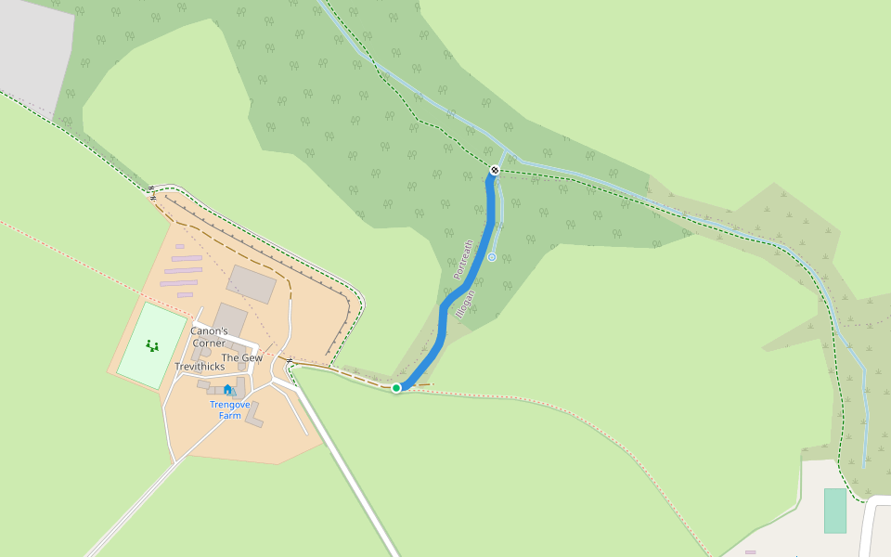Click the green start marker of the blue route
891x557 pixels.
pos(396,387)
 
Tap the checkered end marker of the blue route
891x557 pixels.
pos(496,169)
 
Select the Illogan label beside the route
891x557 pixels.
pos(466,304)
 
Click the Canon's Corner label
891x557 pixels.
pos(210,336)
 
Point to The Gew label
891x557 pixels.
pos(241,357)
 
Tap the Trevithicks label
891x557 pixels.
pos(200,367)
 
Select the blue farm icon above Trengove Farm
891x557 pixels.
pos(227,389)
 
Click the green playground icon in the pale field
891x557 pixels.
pos(152,345)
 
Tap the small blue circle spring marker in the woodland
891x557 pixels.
pos(492,256)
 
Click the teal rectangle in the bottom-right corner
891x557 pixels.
pos(835,511)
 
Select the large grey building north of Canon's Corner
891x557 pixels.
pos(252,284)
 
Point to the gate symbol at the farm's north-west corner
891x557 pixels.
pos(149,192)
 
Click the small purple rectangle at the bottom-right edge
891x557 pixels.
pos(750,553)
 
